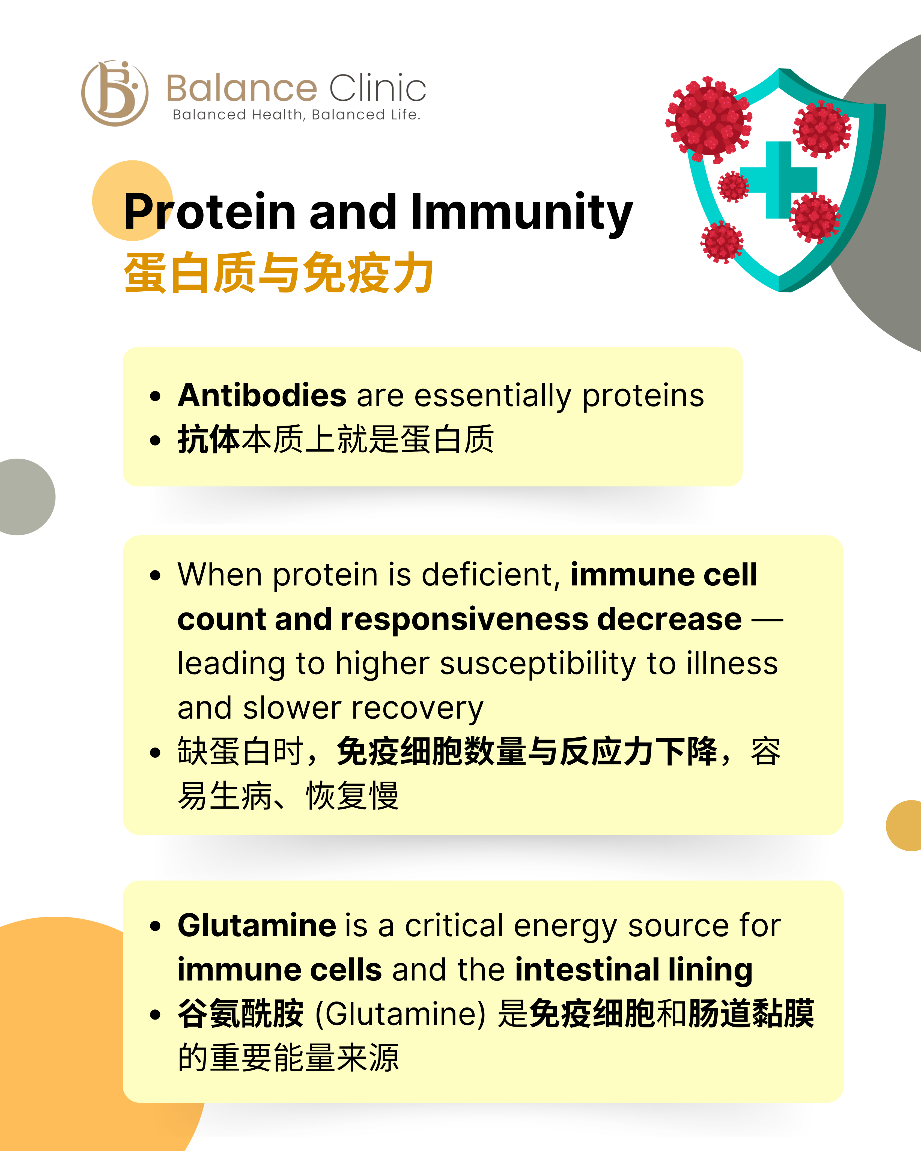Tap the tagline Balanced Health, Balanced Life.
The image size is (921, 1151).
(296, 115)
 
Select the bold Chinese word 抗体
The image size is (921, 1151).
(209, 440)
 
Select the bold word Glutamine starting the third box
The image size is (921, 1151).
(257, 926)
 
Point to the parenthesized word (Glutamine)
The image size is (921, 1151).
(400, 1014)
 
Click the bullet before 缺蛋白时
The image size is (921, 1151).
(155, 753)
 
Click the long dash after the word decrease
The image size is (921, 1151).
(767, 620)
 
